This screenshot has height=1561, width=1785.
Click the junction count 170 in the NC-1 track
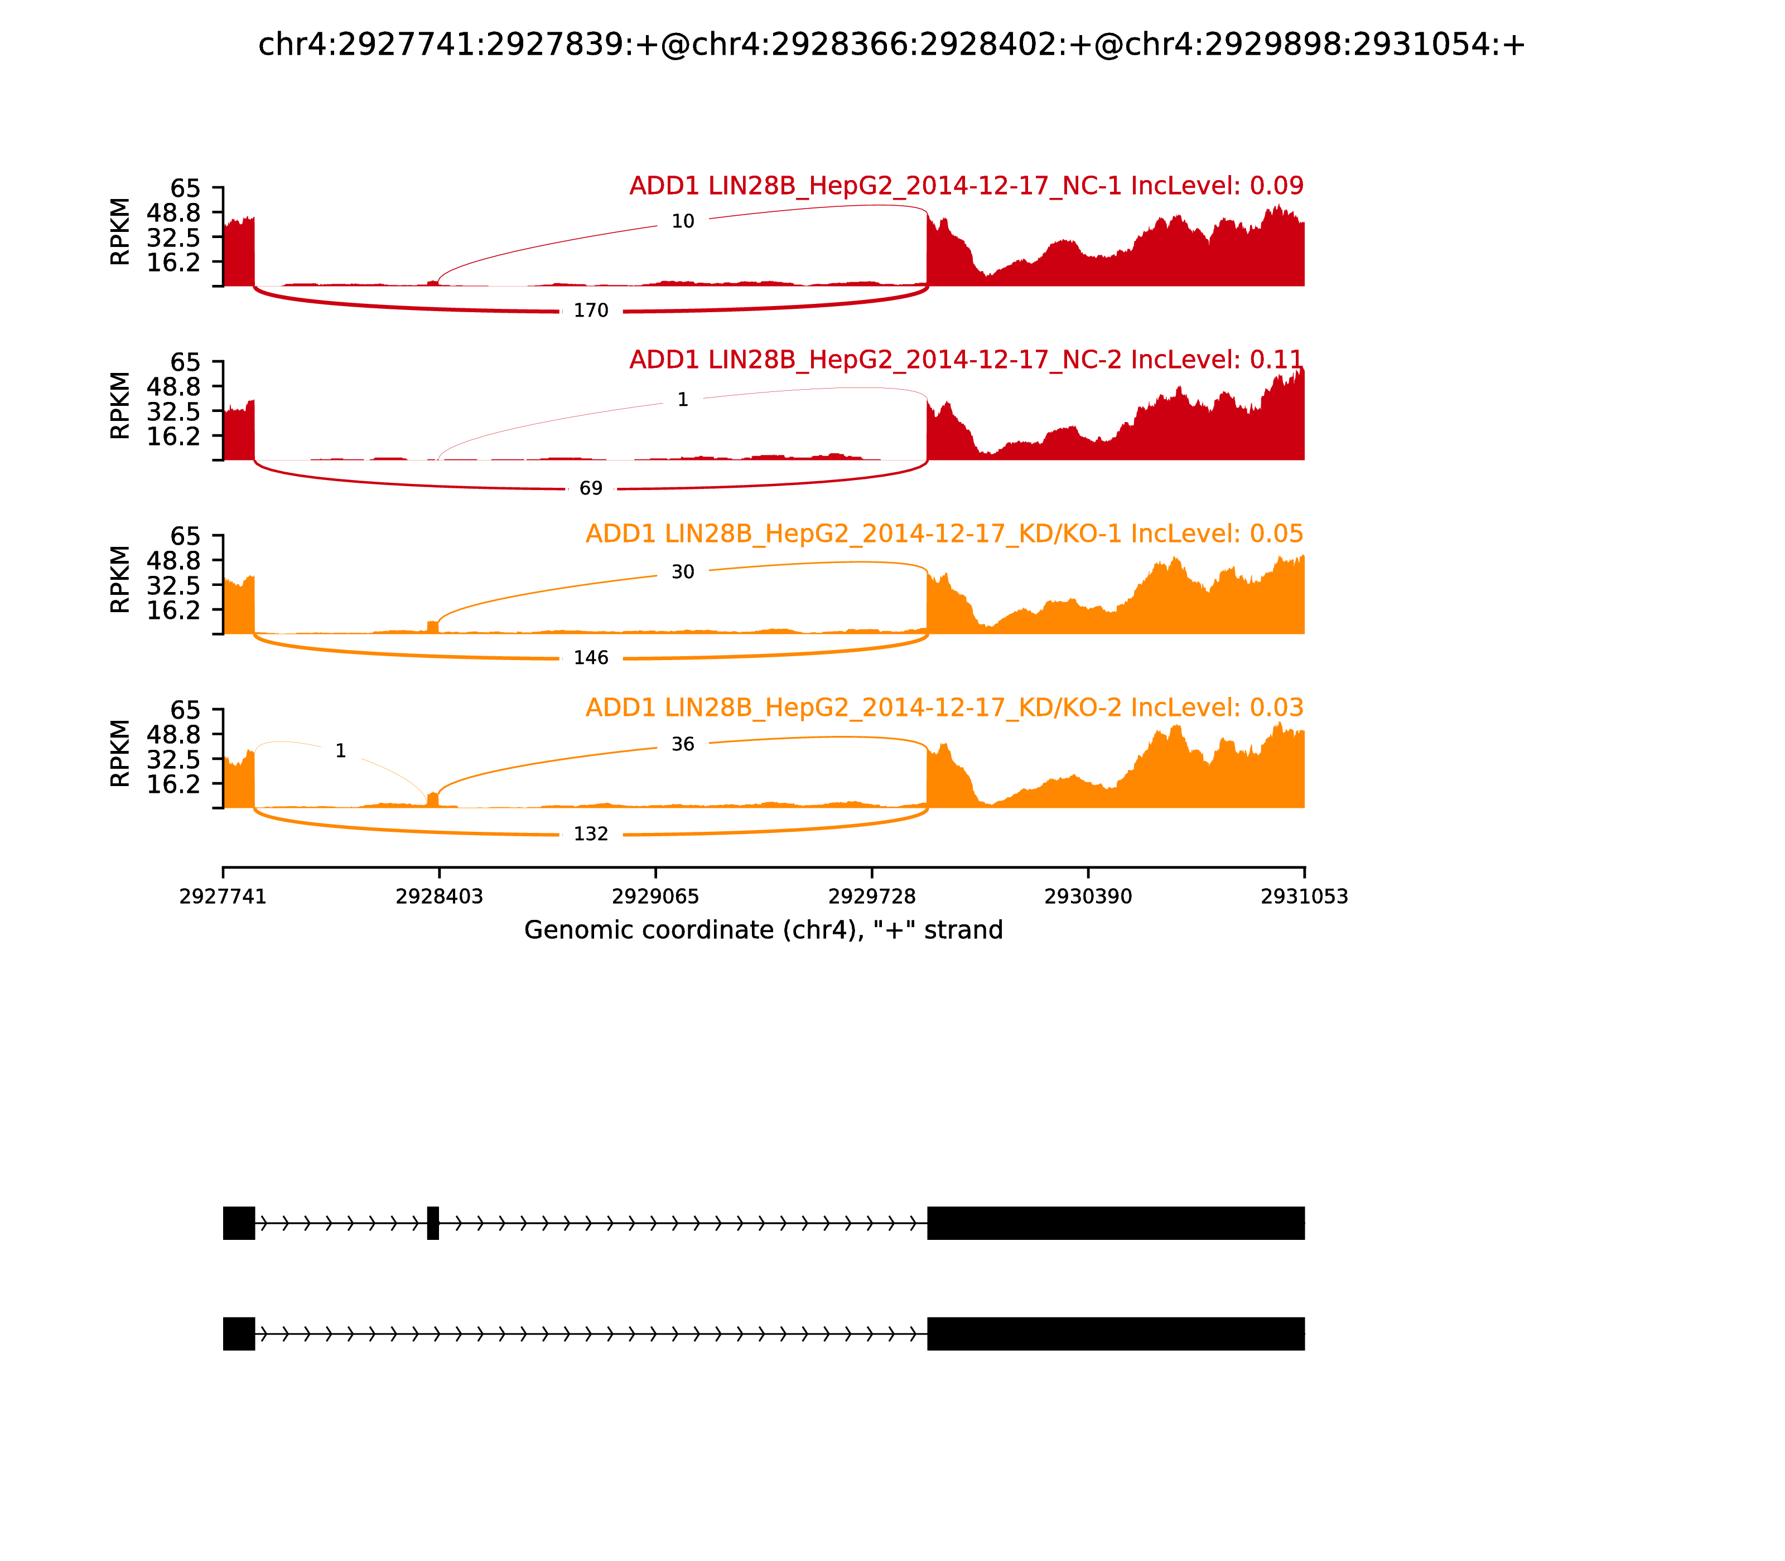590,311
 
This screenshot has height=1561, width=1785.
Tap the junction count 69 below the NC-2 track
590,489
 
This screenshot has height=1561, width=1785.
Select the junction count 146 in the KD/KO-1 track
590,658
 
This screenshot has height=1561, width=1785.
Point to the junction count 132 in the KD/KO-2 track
590,835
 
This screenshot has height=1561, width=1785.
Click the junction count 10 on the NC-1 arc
682,222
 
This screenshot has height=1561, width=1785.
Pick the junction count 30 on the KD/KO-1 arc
682,573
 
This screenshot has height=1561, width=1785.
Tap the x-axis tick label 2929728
871,897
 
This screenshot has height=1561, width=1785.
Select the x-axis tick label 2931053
1304,897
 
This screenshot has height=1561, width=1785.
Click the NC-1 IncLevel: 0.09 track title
966,186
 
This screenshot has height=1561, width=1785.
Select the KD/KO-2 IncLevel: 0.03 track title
944,707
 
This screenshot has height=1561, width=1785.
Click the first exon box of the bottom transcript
239,1334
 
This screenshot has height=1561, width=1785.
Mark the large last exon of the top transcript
1116,1223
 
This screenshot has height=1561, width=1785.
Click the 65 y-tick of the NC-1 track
185,189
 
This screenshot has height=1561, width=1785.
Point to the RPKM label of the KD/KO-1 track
120,579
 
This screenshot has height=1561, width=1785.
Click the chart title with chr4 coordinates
891,45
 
